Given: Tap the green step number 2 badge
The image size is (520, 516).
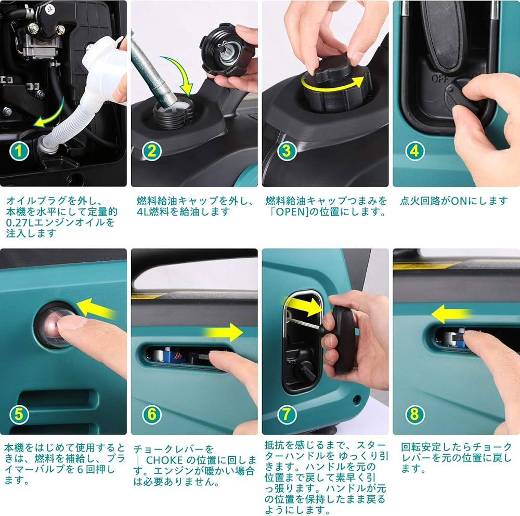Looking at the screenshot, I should click(x=151, y=151).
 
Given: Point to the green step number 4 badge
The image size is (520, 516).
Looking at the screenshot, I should click(x=414, y=151).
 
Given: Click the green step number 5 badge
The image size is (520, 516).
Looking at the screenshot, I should click(x=19, y=414).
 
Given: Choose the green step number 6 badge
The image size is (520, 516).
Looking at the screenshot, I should click(x=151, y=414).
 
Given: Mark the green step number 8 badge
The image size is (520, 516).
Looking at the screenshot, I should click(x=414, y=414).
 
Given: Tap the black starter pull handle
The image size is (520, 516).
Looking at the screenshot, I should click(x=343, y=338).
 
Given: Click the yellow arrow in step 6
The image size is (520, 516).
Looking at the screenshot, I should click(x=223, y=332).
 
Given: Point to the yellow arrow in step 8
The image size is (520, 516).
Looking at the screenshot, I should click(x=451, y=314).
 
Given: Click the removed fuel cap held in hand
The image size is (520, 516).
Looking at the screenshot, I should click(x=227, y=49).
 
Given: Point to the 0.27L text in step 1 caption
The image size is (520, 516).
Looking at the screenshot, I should click(x=21, y=223).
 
